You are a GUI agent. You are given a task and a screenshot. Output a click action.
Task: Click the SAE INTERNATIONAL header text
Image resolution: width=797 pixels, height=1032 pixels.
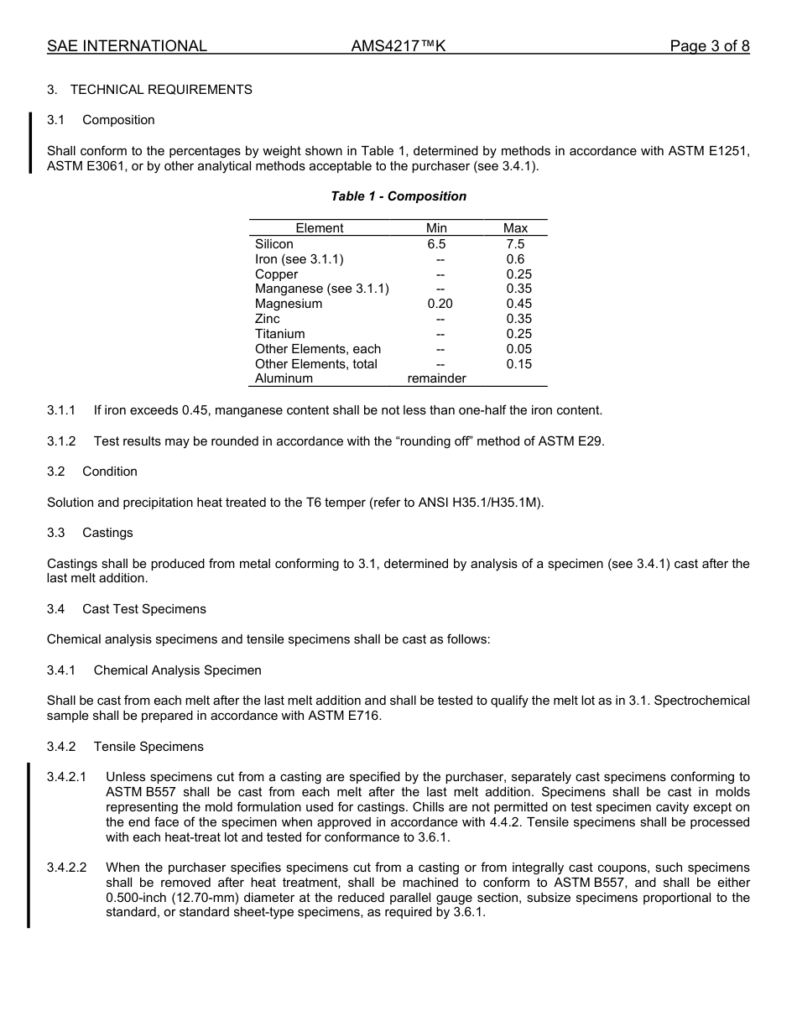(x=127, y=46)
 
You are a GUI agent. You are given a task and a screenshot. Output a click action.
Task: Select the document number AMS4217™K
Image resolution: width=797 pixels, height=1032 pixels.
(x=398, y=46)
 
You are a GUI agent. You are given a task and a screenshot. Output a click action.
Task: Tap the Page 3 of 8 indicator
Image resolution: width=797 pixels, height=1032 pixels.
(x=709, y=46)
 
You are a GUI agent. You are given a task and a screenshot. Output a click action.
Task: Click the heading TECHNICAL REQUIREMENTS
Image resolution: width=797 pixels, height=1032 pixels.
(x=161, y=90)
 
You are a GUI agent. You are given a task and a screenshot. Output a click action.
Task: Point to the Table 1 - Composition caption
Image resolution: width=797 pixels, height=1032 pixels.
(x=398, y=196)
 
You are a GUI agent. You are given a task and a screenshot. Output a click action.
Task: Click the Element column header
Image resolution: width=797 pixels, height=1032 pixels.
(x=319, y=228)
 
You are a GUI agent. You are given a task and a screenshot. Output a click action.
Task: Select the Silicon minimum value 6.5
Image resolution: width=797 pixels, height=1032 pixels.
(x=436, y=244)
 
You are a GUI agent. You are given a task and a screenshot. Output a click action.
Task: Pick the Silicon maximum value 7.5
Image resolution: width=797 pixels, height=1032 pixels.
(x=515, y=244)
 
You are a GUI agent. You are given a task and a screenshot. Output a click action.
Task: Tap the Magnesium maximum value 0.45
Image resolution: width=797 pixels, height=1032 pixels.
(x=518, y=304)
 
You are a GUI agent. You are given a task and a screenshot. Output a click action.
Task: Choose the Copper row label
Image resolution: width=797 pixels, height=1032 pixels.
(x=276, y=274)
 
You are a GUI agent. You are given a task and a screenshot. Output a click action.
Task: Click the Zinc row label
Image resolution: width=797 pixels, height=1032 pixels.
(x=268, y=319)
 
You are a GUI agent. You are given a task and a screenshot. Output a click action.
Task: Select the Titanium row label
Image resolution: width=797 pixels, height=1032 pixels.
(x=279, y=334)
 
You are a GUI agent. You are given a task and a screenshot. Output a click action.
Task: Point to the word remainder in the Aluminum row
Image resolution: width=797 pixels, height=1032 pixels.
(x=436, y=378)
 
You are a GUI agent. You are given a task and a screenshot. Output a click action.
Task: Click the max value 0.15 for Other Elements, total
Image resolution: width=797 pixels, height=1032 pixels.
(x=518, y=364)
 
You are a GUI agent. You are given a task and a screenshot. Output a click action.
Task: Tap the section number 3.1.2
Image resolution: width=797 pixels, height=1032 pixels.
(x=61, y=441)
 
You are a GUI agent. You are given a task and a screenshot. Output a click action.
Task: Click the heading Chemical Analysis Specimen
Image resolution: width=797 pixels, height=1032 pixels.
(x=177, y=670)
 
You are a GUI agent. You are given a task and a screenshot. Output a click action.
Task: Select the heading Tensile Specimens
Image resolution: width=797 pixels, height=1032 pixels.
(x=148, y=747)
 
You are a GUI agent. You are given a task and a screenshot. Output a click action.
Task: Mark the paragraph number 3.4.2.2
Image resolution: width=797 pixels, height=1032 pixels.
(x=67, y=868)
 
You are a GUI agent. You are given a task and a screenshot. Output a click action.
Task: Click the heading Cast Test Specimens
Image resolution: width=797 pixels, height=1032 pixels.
(x=143, y=609)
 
